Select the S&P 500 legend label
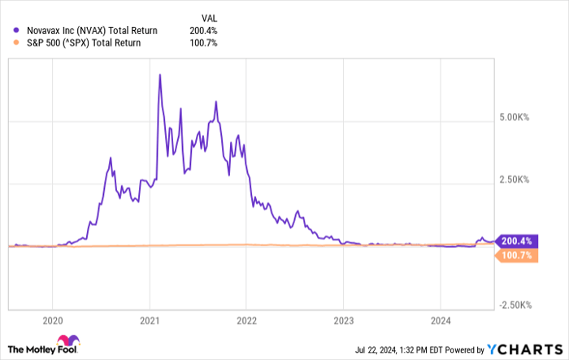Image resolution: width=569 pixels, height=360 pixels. [90, 43]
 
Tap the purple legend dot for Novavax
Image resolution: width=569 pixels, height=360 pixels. [16, 30]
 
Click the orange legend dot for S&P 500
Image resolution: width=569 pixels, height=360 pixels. [16, 43]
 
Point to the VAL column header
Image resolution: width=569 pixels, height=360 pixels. [210, 16]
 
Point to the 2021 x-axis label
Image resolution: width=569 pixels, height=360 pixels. [150, 319]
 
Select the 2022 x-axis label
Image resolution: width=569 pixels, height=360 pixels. [246, 319]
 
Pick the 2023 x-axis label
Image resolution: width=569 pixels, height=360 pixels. [343, 319]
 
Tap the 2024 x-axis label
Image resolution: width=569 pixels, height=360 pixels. [440, 319]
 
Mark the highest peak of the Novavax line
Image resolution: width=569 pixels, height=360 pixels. [159, 75]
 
